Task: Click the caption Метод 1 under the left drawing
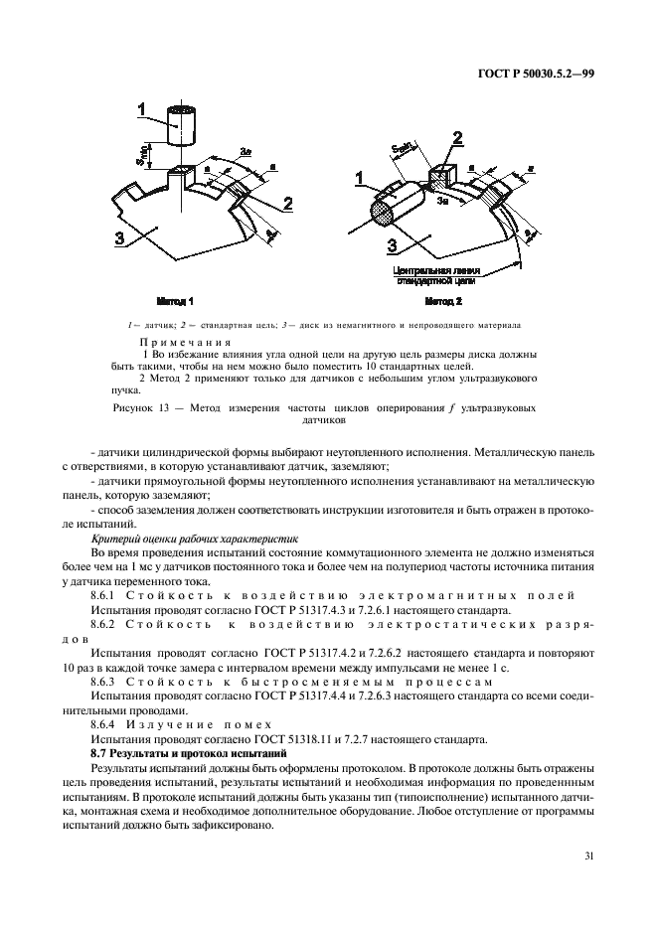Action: (x=175, y=299)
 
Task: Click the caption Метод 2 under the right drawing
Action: (x=442, y=299)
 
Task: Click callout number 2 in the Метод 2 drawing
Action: (x=457, y=137)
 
